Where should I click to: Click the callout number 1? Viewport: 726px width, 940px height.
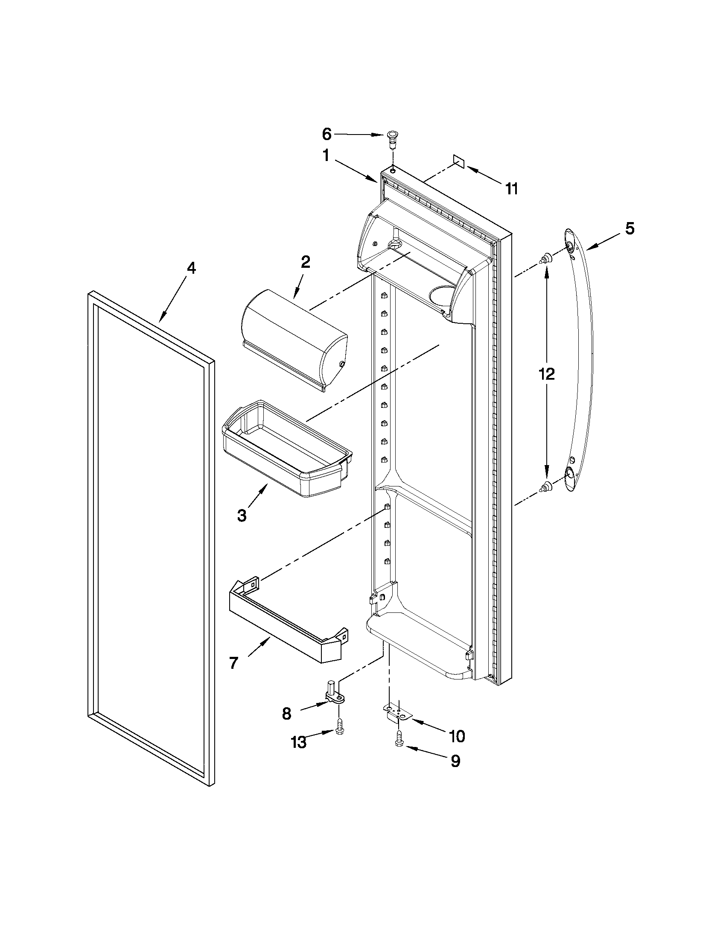coord(326,155)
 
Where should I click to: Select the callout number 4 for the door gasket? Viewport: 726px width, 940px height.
coord(191,269)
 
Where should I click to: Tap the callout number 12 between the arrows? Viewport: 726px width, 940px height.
coord(547,374)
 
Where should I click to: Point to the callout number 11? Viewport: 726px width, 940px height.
coord(511,188)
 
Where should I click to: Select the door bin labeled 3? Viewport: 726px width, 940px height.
coord(286,450)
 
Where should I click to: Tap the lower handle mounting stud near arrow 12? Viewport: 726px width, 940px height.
coord(546,487)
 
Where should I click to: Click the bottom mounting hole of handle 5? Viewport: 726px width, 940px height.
coord(569,473)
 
